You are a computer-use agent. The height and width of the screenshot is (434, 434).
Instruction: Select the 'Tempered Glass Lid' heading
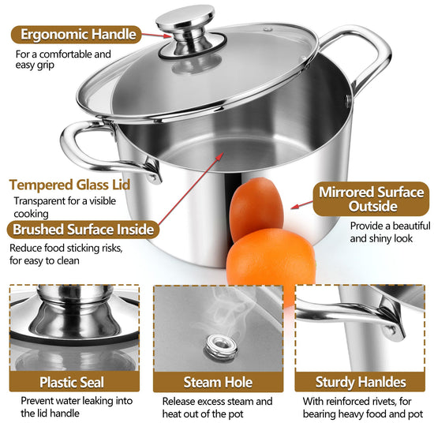point(69,185)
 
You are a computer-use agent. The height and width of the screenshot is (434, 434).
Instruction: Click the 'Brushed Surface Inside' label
point(83,230)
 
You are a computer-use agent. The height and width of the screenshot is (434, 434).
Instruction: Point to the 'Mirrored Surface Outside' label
point(371,199)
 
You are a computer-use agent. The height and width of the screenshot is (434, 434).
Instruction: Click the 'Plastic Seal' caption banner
point(74,382)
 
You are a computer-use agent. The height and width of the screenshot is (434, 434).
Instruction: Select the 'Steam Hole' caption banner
point(218,382)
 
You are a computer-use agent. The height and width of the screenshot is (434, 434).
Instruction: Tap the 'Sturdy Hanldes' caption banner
point(360,382)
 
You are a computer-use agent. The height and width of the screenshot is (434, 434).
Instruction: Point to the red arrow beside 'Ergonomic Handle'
point(155,36)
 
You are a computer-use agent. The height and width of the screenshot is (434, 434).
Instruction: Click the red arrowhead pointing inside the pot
point(219,156)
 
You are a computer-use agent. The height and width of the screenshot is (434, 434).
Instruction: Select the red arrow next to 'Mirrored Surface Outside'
point(302,204)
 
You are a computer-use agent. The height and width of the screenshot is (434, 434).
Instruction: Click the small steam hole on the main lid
point(268,28)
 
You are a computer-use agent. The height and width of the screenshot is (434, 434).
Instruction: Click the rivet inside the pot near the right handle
point(348,101)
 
